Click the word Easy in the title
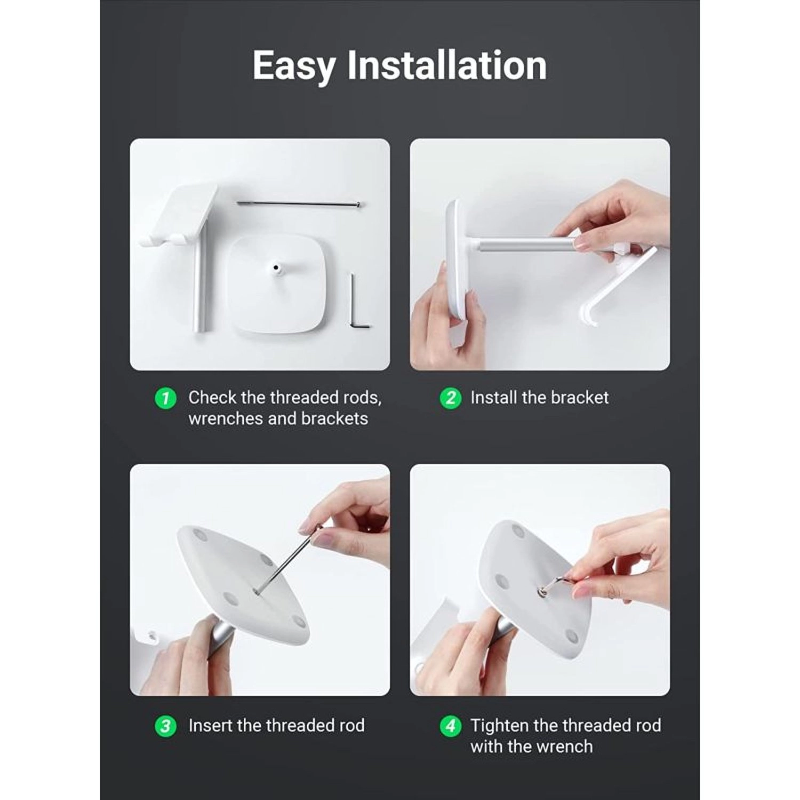tap(294, 66)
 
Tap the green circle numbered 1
tap(165, 398)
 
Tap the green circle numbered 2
tap(450, 398)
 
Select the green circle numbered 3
tap(165, 726)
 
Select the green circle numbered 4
tap(450, 726)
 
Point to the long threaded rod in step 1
tap(299, 203)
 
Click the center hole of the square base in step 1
tap(276, 267)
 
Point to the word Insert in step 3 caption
tap(211, 725)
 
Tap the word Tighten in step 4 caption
tap(500, 725)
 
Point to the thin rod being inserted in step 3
tap(288, 560)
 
